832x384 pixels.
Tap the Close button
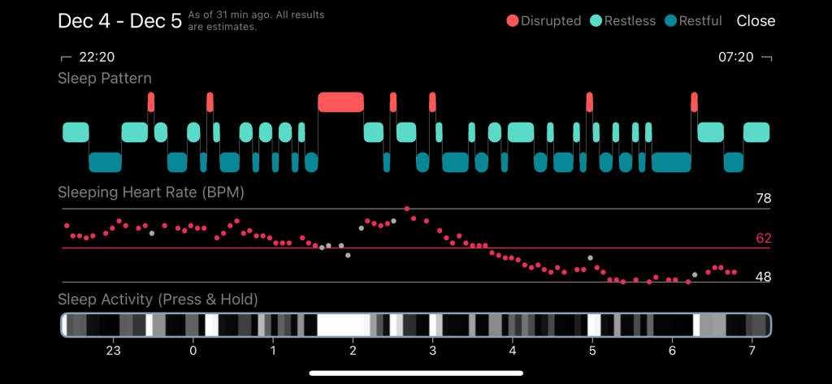(756, 21)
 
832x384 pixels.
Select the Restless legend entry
(623, 21)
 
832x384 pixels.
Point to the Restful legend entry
(693, 21)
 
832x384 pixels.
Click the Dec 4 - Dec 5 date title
(119, 21)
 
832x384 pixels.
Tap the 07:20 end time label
(736, 58)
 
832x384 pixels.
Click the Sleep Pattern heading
(104, 79)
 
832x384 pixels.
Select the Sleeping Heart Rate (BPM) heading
(150, 192)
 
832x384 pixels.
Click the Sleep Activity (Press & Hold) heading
(158, 300)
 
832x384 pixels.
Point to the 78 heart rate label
(762, 199)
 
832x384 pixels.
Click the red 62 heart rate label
(762, 239)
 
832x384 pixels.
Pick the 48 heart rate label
(762, 277)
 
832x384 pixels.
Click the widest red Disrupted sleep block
(340, 102)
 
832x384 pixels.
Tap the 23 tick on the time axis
(113, 351)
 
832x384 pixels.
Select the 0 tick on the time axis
(193, 351)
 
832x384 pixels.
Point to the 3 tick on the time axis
(432, 351)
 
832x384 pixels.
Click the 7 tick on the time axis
(752, 351)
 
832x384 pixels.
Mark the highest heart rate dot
(407, 209)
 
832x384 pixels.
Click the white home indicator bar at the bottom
(416, 373)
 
